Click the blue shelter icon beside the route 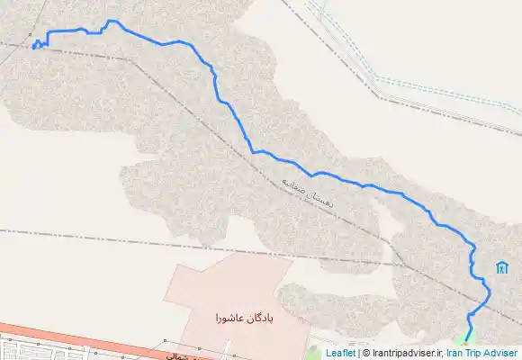[500, 267]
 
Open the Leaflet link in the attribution [339, 354]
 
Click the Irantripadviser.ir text [406, 354]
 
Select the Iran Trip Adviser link [481, 354]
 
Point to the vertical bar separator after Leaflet [356, 354]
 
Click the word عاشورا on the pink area [230, 319]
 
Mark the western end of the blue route [32, 49]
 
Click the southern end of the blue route [465, 341]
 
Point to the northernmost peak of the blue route [112, 21]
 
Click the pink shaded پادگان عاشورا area [225, 288]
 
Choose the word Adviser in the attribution [500, 354]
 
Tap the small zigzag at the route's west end [37, 45]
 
